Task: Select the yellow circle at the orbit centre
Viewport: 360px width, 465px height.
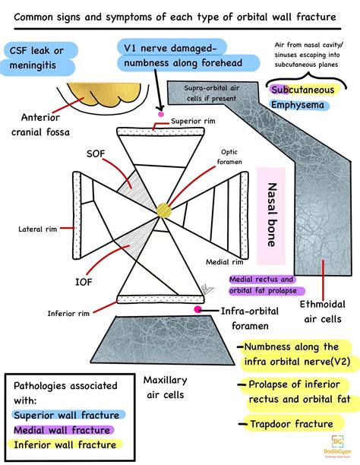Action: pos(164,210)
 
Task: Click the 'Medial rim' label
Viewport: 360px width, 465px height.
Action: pos(223,262)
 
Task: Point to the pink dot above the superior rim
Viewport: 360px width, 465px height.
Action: pos(161,115)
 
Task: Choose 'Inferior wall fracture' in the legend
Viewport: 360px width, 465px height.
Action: pos(65,445)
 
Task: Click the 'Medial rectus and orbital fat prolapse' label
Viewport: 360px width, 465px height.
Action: pos(267,285)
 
